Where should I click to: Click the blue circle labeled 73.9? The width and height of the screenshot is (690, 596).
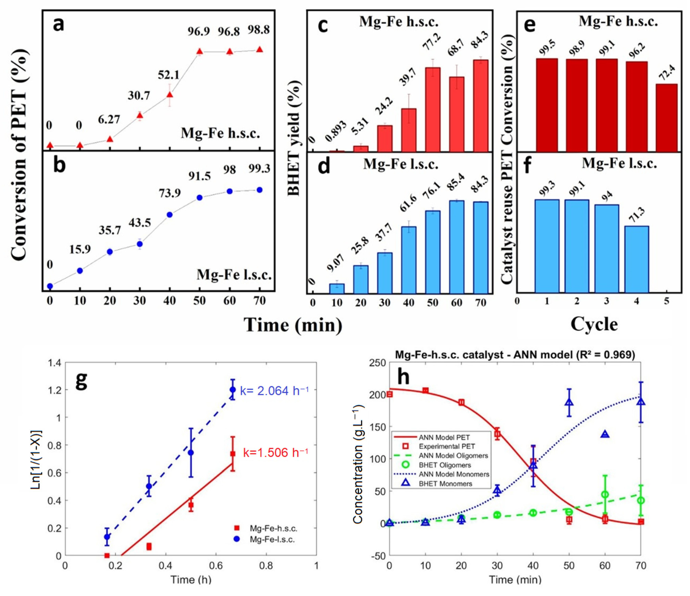170,215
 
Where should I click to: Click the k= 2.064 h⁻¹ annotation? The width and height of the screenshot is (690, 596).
274,391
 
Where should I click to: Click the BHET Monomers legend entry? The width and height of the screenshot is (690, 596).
446,483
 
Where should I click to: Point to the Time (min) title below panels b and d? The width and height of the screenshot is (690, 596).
293,324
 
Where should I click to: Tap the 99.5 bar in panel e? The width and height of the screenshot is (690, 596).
547,105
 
